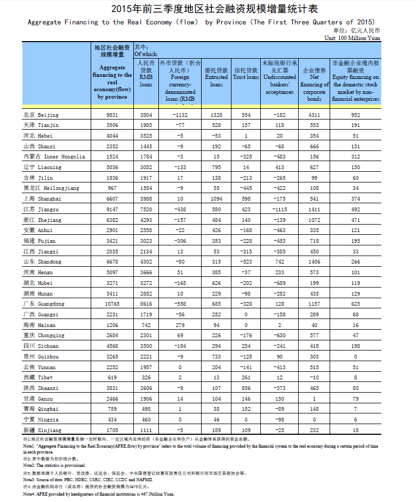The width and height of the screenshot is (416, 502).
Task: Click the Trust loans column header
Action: click(x=246, y=74)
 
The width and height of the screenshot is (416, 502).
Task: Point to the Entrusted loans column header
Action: click(x=217, y=77)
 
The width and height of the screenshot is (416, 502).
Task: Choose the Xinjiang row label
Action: click(x=42, y=430)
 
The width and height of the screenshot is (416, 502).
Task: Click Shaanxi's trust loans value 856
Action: click(x=246, y=388)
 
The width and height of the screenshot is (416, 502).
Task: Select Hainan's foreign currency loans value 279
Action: click(x=180, y=325)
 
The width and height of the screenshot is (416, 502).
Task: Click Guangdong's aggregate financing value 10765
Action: click(x=113, y=304)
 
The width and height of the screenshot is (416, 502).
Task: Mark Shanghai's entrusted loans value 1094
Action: click(x=217, y=198)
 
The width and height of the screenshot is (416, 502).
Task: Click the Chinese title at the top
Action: click(x=207, y=9)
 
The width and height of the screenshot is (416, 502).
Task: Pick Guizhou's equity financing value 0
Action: click(x=356, y=356)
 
